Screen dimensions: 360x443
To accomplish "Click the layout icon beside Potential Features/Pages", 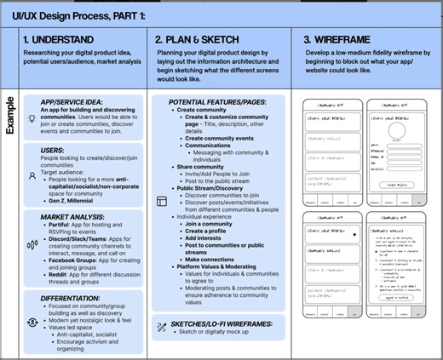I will (161, 201).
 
